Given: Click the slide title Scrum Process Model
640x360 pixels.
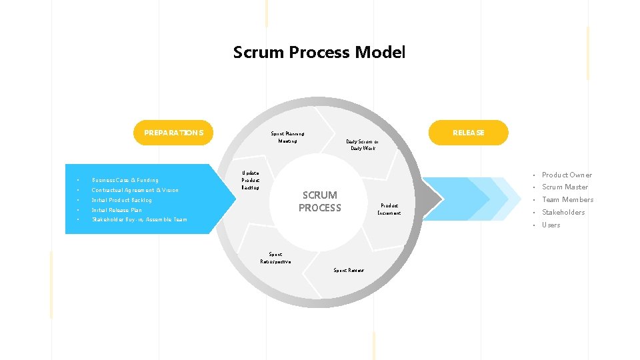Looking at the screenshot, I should click(319, 52).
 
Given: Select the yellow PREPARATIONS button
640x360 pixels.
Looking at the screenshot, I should click(173, 133).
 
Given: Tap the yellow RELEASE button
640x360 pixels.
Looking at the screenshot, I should click(468, 133).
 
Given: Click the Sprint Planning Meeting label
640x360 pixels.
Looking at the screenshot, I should click(287, 137).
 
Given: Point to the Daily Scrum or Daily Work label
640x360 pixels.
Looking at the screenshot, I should click(363, 145).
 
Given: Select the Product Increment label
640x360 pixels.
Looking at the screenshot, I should click(389, 209).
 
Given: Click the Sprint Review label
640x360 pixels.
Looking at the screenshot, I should click(349, 270).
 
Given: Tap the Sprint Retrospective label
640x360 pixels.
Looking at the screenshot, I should click(275, 257).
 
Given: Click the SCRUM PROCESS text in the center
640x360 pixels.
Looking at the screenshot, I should click(320, 201).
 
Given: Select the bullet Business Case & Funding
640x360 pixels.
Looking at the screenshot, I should click(125, 180).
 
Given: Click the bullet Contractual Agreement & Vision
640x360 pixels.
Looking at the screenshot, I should click(135, 190).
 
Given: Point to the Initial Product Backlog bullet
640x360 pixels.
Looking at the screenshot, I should click(122, 200).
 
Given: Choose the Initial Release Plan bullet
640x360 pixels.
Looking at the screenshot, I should click(117, 210).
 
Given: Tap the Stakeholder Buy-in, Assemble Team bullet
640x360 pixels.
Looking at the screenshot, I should click(139, 219).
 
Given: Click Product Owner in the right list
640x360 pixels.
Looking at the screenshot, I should click(567, 175).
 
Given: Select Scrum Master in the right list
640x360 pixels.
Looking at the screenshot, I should click(565, 187).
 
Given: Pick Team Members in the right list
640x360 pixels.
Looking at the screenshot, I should click(567, 199).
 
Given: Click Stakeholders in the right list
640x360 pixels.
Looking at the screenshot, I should click(563, 212).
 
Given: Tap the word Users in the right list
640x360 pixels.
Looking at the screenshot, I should click(551, 225).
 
